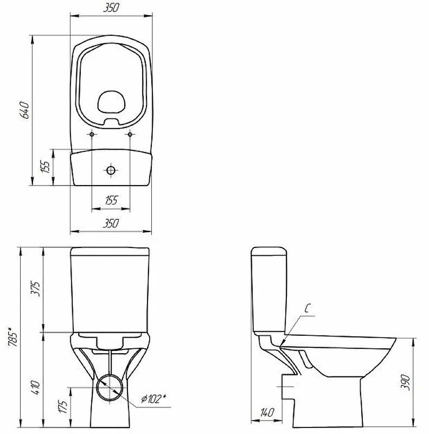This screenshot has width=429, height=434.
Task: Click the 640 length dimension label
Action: click(x=24, y=110)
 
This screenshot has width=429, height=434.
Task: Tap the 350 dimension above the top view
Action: click(x=111, y=8)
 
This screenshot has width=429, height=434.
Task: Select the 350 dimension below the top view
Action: click(x=111, y=223)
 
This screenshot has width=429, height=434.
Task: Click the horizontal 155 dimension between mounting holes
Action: click(x=112, y=200)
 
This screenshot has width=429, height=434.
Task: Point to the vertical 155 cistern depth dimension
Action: click(x=46, y=167)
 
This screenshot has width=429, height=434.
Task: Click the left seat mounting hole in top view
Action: click(x=92, y=135)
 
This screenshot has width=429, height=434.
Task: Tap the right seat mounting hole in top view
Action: click(x=130, y=135)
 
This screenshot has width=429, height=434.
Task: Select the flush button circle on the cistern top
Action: click(x=111, y=170)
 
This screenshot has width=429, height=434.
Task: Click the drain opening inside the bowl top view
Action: click(x=111, y=102)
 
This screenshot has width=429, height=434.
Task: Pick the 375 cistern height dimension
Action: click(x=36, y=289)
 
